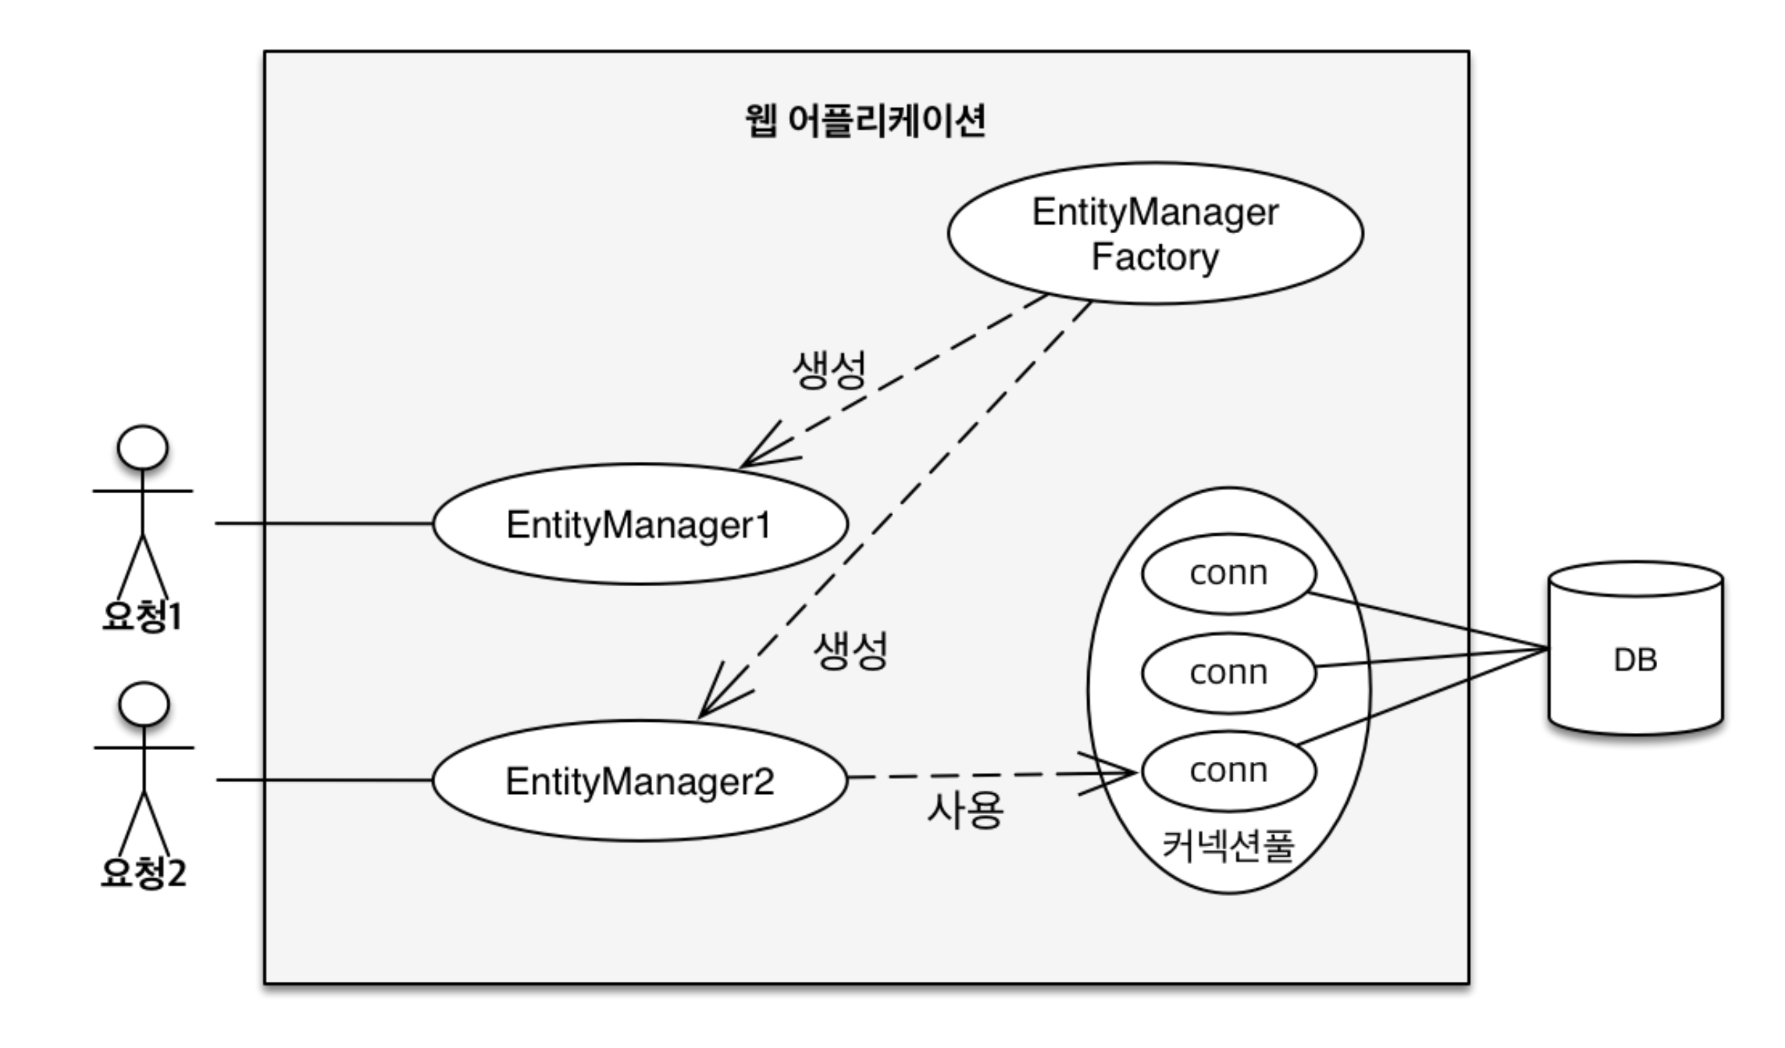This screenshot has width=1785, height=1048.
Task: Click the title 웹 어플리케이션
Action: (865, 121)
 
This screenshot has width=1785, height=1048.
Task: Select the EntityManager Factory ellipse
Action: (1155, 234)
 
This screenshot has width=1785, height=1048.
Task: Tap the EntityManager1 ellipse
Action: (640, 525)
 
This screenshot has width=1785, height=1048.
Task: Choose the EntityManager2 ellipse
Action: (640, 781)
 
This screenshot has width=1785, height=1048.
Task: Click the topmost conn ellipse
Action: (1228, 573)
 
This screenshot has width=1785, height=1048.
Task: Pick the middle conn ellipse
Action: (1228, 672)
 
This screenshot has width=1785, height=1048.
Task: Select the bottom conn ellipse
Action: (1228, 770)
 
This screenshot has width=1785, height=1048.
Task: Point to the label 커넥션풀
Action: (1228, 845)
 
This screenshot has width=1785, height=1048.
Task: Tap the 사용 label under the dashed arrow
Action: (965, 810)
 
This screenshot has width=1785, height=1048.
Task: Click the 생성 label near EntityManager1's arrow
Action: (829, 369)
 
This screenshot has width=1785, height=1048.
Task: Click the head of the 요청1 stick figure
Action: (142, 447)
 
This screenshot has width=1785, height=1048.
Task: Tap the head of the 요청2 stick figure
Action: (144, 705)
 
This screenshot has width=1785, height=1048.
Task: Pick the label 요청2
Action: (144, 872)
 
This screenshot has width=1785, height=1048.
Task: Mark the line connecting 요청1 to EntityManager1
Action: (324, 523)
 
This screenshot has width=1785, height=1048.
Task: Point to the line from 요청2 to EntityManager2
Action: (324, 779)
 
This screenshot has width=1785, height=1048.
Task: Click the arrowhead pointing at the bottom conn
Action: (1119, 774)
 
